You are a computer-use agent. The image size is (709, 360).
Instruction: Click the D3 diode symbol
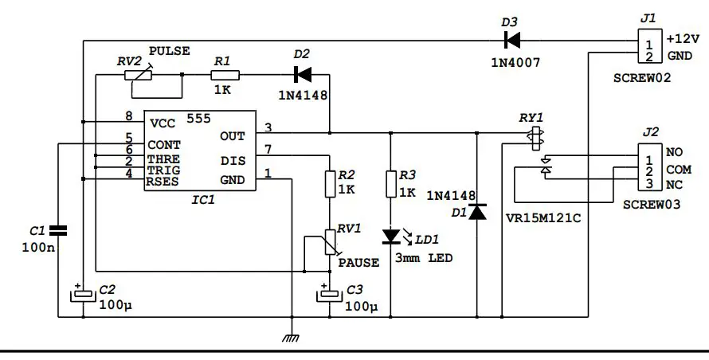511,39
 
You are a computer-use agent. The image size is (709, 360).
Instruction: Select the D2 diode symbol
303,75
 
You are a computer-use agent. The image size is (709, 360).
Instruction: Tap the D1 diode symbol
477,212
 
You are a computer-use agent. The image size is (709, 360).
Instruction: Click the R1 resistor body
222,75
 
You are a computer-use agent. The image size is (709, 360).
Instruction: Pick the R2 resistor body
328,185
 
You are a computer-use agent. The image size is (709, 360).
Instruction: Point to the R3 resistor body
390,184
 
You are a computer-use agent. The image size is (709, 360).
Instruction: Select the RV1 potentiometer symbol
328,243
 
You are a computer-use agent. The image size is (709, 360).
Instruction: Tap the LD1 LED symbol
390,236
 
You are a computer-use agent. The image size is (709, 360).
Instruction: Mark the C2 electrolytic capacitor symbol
83,294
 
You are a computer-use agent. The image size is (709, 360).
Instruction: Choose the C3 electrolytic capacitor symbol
328,294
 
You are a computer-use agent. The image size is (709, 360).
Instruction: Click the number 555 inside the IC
198,119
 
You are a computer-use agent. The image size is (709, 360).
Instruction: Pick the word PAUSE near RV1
358,262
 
